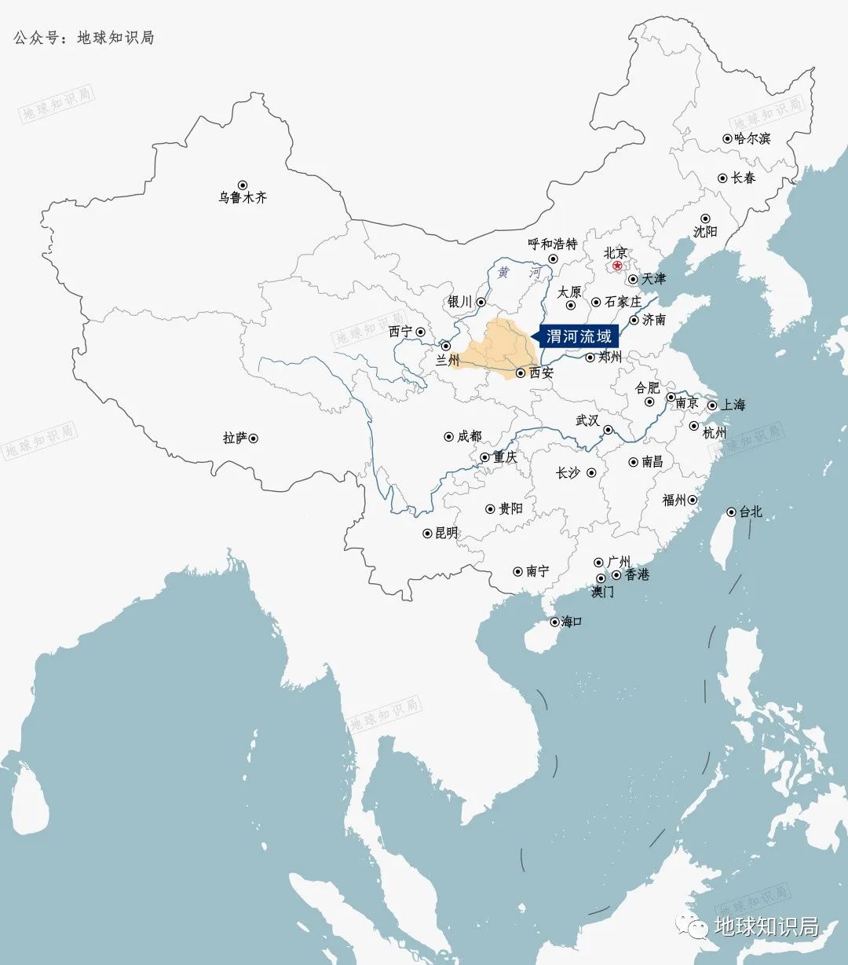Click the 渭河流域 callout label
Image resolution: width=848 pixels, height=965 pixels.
click(x=578, y=337)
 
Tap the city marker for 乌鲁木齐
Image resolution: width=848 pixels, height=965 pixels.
click(x=243, y=185)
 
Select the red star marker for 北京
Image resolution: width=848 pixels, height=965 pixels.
click(x=617, y=266)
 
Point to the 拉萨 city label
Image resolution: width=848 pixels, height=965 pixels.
click(x=234, y=438)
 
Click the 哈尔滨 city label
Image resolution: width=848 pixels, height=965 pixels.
click(x=752, y=138)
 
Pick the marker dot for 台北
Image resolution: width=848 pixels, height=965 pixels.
click(x=732, y=512)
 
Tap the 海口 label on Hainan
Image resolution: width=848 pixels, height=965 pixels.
click(x=571, y=622)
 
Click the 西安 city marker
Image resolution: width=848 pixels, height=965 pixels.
click(x=521, y=372)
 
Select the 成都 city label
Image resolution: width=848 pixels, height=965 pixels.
click(x=470, y=436)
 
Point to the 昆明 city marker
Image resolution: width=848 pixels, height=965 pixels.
click(x=428, y=533)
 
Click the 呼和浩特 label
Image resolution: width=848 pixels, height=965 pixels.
click(x=553, y=244)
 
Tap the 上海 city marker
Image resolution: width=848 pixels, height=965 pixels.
click(x=712, y=405)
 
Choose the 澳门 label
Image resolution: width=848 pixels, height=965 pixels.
click(x=603, y=592)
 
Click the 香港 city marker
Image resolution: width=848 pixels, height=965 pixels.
click(x=616, y=574)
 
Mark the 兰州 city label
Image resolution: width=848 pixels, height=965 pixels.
click(x=448, y=361)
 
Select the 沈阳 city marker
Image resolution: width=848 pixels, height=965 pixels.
click(x=705, y=218)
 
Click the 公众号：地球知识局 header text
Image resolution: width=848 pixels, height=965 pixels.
click(x=84, y=37)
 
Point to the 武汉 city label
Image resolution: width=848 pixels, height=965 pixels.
click(x=587, y=420)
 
